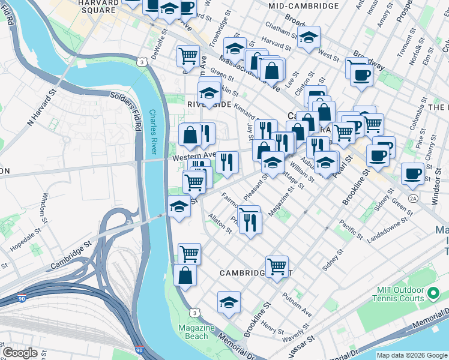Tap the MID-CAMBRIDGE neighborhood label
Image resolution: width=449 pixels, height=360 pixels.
[x=304, y=6]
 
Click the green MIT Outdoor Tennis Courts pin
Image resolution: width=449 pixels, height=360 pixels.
[x=433, y=294]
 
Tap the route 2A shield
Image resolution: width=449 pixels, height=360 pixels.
[x=412, y=198]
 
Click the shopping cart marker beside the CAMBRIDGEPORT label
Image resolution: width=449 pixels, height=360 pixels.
[x=277, y=265]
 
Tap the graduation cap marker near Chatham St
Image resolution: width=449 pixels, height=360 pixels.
[x=309, y=37]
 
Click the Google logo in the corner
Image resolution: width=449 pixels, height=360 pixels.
[x=20, y=353]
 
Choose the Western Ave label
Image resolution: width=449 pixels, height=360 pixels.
[x=193, y=155]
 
